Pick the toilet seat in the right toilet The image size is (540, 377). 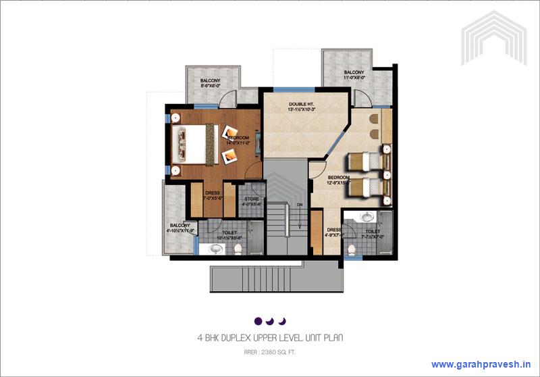351,249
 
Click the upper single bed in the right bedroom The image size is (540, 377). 364,163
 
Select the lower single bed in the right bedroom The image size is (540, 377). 364,185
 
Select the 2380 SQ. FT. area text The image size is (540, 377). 279,351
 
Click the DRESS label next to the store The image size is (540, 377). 213,194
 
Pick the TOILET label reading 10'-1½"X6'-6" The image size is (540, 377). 230,234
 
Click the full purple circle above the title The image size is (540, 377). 258,320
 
